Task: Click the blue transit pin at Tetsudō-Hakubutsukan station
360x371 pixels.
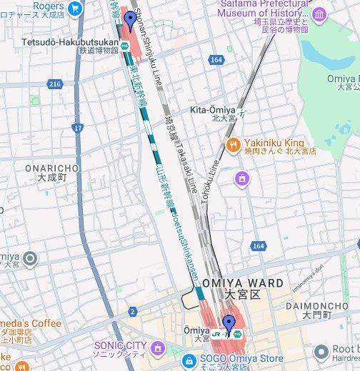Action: click(129, 20)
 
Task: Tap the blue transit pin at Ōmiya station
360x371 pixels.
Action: click(229, 323)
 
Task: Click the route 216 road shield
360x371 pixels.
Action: click(55, 84)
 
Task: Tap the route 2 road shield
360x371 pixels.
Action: click(132, 312)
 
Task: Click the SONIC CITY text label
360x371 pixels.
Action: click(120, 346)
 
